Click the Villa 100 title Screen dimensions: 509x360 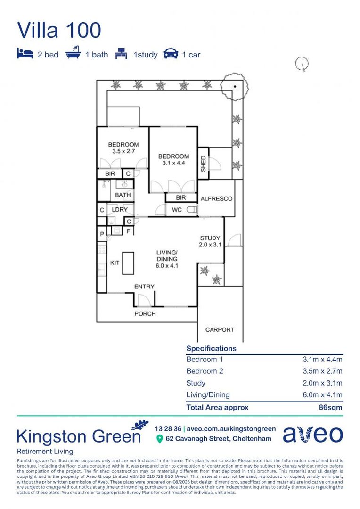pyautogui.click(x=59, y=30)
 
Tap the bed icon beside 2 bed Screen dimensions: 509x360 pyautogui.click(x=25, y=54)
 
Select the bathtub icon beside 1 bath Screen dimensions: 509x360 pyautogui.click(x=73, y=54)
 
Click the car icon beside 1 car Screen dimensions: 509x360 pyautogui.click(x=170, y=54)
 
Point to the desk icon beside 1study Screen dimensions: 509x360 pyautogui.click(x=122, y=54)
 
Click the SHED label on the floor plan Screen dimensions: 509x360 pyautogui.click(x=203, y=163)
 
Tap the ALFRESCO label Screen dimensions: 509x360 pyautogui.click(x=216, y=199)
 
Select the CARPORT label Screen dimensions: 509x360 pyautogui.click(x=220, y=330)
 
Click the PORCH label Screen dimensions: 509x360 pyautogui.click(x=145, y=313)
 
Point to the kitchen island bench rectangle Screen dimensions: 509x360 pyautogui.click(x=128, y=263)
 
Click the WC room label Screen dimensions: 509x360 pyautogui.click(x=177, y=210)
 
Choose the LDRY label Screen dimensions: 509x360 pyautogui.click(x=119, y=209)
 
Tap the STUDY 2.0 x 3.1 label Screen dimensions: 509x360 pyautogui.click(x=210, y=241)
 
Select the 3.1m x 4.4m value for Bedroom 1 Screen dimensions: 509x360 pyautogui.click(x=322, y=359)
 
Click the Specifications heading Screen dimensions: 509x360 pyautogui.click(x=211, y=349)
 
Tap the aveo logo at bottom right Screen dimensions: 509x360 pyautogui.click(x=312, y=435)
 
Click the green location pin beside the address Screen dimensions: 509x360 pyautogui.click(x=159, y=439)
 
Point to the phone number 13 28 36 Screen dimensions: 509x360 pyautogui.click(x=168, y=429)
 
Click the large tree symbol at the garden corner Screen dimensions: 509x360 pyautogui.click(x=234, y=87)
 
